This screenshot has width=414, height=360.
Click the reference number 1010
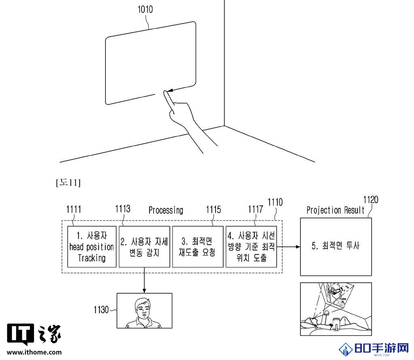click(x=145, y=10)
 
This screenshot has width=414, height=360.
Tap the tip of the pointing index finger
click(x=165, y=92)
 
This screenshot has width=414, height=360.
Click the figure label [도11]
click(x=68, y=182)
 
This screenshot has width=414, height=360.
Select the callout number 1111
click(x=74, y=210)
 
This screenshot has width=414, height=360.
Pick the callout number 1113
click(x=123, y=209)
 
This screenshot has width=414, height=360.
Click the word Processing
click(x=166, y=210)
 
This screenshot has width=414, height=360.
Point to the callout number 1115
click(x=213, y=210)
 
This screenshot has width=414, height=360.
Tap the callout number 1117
click(x=256, y=210)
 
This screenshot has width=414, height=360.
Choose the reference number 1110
click(x=275, y=202)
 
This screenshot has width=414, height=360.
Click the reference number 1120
click(x=371, y=200)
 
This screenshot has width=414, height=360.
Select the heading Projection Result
click(x=335, y=210)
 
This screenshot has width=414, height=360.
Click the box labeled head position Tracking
click(x=92, y=247)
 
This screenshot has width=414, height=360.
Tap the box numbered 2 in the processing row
click(x=144, y=247)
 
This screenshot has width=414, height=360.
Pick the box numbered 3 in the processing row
click(x=198, y=247)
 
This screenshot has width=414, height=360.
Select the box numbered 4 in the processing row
click(x=251, y=247)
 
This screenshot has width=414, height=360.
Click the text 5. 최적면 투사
click(x=336, y=246)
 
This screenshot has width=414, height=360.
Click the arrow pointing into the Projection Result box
click(x=288, y=247)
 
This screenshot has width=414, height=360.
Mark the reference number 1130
click(x=101, y=309)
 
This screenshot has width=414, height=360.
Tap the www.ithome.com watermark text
click(x=34, y=352)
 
